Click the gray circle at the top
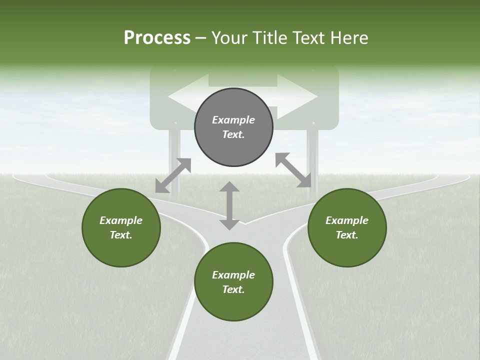[x=233, y=127]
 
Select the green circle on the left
[x=121, y=227]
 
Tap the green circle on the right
[x=347, y=227]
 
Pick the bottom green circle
[x=233, y=282]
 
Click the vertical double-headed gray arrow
[x=229, y=205]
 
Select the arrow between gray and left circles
[x=173, y=175]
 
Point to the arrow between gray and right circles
[x=293, y=170]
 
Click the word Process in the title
[x=157, y=37]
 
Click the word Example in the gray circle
[x=233, y=120]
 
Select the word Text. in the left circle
[x=121, y=235]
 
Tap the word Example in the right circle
[x=347, y=220]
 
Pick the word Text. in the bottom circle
[x=233, y=289]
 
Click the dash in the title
[x=201, y=37]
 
